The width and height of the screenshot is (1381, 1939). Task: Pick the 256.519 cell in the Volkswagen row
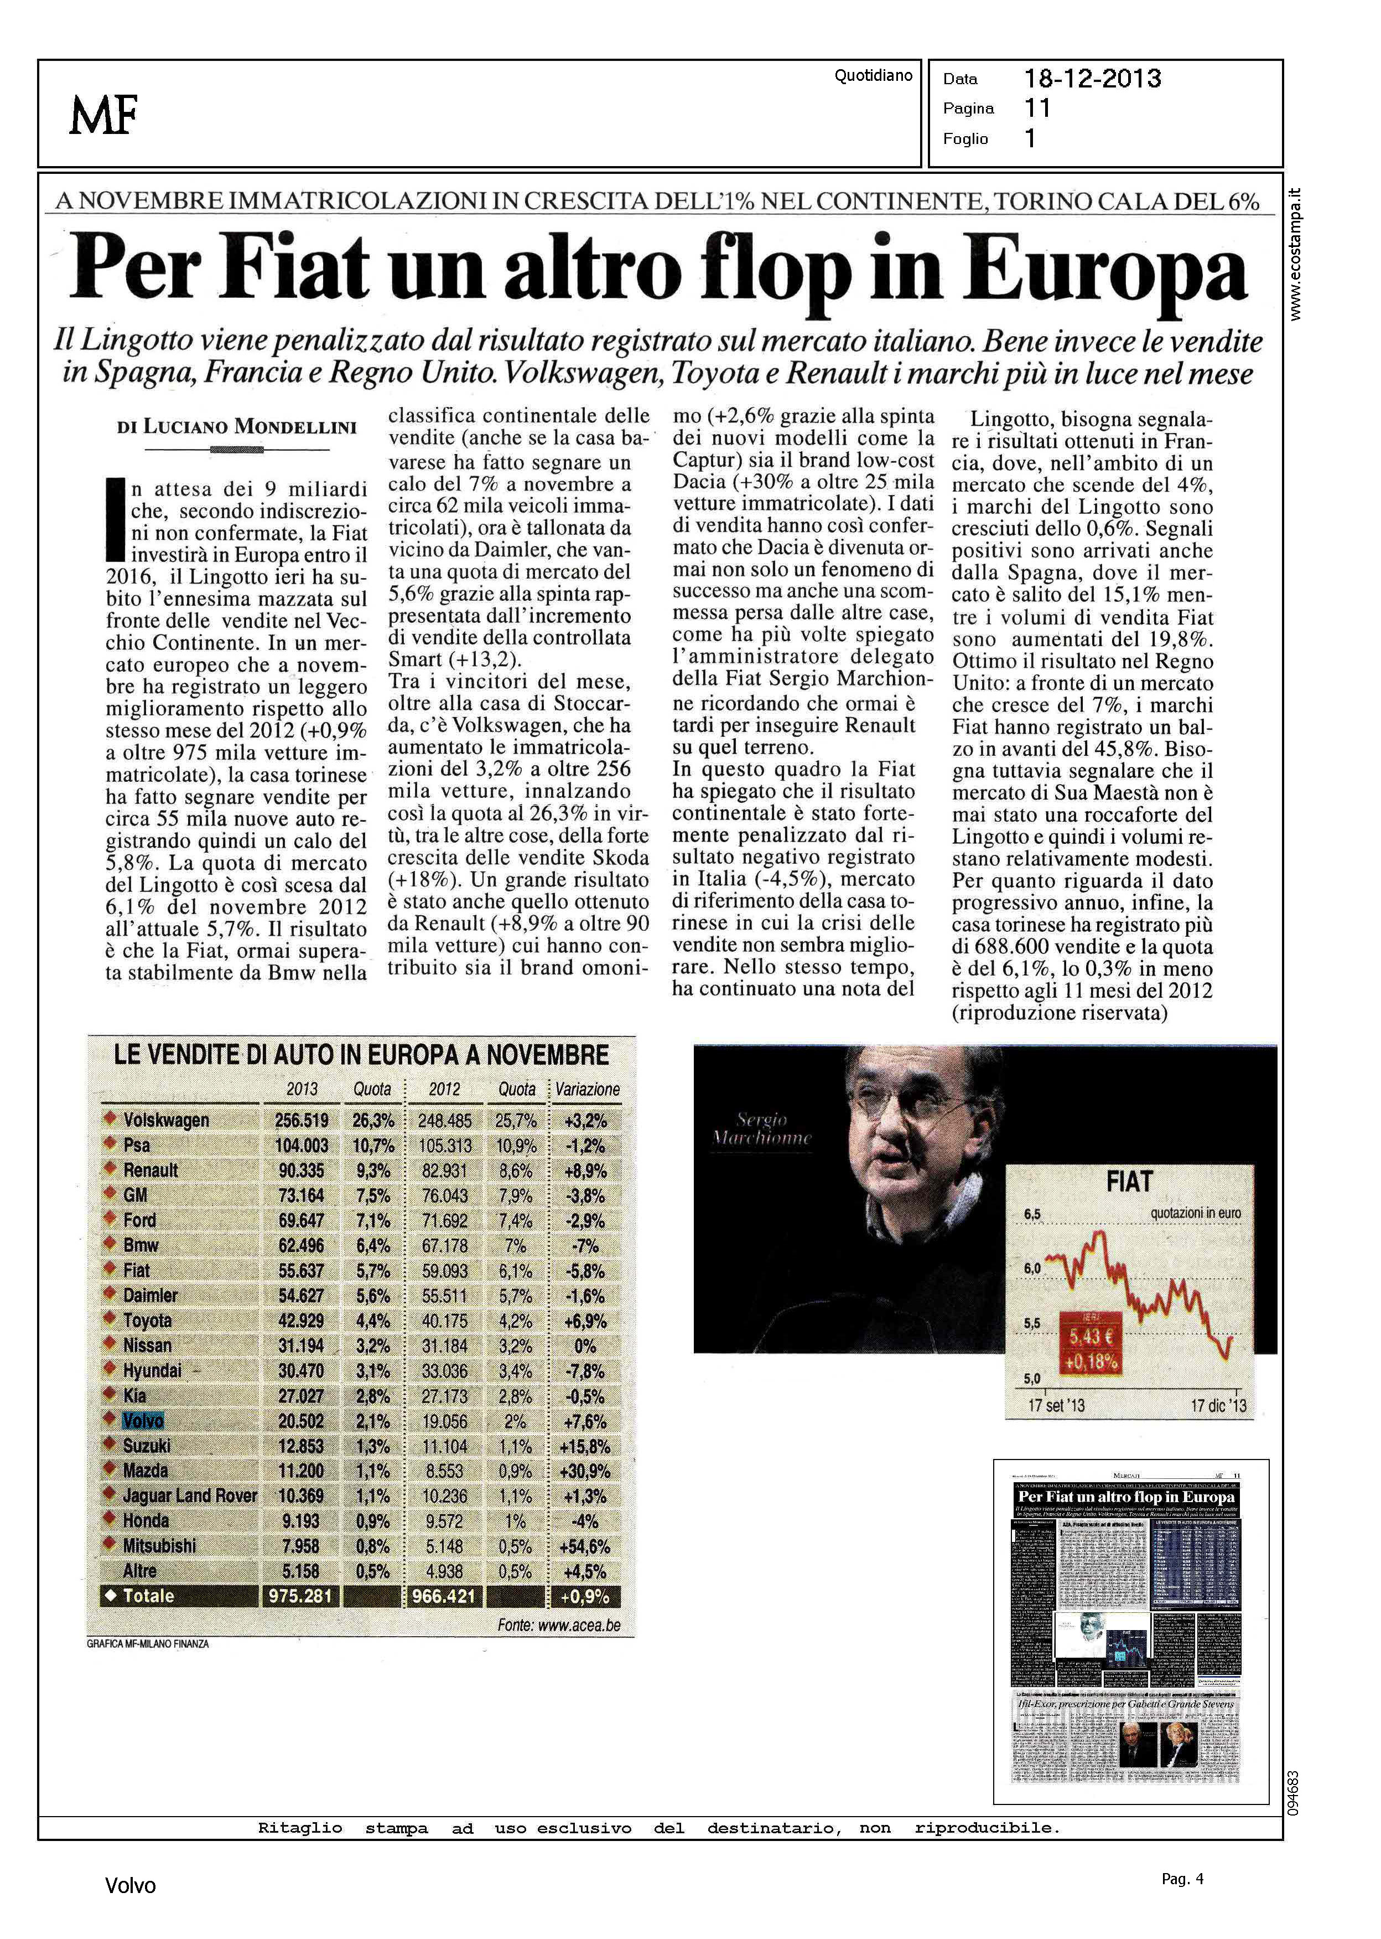[x=301, y=1121]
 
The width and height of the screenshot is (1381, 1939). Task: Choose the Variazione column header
[x=588, y=1089]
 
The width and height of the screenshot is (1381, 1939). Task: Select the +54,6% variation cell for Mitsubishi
[x=584, y=1547]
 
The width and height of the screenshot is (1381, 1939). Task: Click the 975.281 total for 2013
[x=300, y=1596]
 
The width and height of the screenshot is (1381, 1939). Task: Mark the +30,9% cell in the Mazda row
[x=584, y=1471]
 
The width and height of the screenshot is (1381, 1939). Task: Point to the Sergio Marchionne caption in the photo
[x=761, y=1128]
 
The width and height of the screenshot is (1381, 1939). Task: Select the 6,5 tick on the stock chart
[x=1032, y=1214]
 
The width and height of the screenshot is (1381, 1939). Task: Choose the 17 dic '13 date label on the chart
[x=1218, y=1406]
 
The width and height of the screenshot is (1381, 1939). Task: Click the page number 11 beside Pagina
[x=1037, y=108]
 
